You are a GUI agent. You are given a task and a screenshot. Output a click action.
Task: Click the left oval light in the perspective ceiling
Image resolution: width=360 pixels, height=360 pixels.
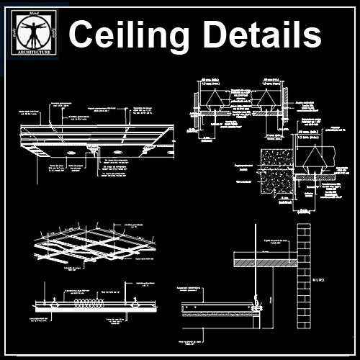tap(70, 154)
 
